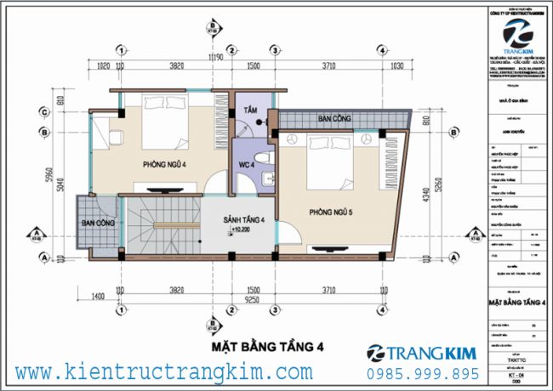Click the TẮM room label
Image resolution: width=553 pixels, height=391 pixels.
click(x=250, y=111)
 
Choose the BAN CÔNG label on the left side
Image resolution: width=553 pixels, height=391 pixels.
click(x=99, y=223)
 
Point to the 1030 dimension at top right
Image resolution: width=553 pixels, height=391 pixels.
click(x=395, y=65)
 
